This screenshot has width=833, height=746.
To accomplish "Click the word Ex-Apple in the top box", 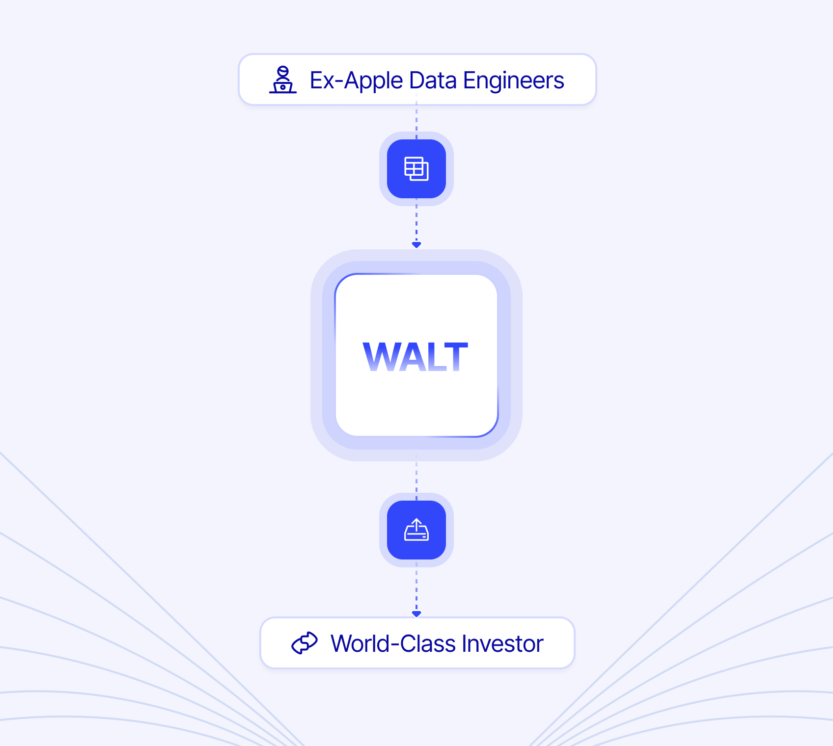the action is tap(356, 81).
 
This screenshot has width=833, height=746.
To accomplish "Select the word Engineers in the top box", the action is tap(513, 81).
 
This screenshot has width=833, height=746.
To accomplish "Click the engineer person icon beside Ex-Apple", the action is tap(283, 80).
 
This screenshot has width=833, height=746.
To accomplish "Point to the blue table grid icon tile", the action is tap(416, 169).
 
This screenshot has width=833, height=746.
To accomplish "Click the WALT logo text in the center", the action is tap(416, 357).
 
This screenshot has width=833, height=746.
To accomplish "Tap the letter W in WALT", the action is tap(381, 357).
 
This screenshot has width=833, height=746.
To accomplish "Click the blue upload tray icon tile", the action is tap(416, 530).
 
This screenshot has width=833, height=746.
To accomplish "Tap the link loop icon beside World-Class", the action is tap(305, 643).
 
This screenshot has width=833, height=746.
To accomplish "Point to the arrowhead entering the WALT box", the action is tap(416, 244).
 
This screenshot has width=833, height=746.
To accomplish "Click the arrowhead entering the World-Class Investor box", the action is tap(416, 613).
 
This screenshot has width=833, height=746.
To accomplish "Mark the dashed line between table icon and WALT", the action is tap(416, 221).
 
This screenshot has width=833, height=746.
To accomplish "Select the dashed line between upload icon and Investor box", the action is tap(416, 587).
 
